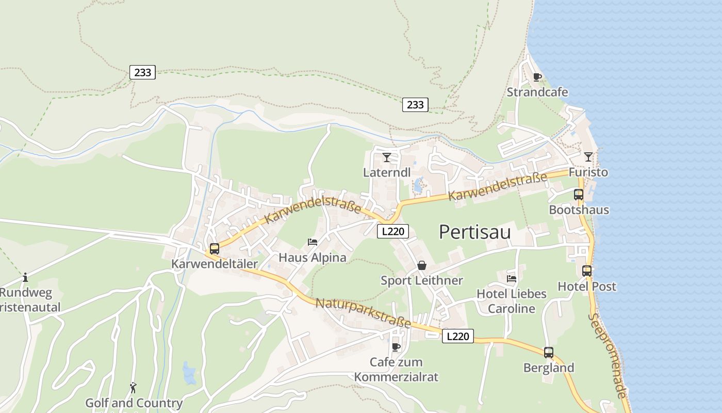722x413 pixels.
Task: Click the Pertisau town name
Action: (474, 232)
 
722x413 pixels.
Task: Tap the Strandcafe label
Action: (537, 92)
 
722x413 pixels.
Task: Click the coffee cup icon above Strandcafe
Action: (537, 77)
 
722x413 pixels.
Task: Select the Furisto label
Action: (588, 172)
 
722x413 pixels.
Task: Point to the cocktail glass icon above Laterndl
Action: (387, 157)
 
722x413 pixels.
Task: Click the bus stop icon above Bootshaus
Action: (579, 195)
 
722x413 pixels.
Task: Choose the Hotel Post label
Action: (587, 287)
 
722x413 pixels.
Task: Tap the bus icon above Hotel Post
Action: (587, 271)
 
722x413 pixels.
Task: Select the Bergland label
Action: (549, 368)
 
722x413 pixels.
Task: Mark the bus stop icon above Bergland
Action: (549, 353)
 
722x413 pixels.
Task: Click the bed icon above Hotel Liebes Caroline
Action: (512, 278)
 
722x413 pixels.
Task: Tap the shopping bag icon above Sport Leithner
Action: (422, 265)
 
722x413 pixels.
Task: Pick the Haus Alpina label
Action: (313, 257)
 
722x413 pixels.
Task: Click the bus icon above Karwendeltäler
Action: (215, 248)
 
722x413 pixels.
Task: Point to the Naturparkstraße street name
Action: (363, 313)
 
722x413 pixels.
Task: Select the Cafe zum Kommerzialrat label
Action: (396, 370)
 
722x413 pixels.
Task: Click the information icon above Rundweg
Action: (25, 278)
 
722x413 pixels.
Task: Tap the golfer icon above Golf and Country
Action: (134, 387)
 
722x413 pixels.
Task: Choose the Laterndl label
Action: (387, 172)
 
